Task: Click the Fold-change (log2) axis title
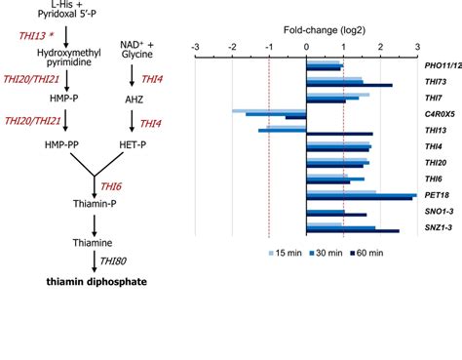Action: (305, 30)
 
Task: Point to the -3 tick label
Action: (196, 47)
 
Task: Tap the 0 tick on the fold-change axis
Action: (306, 47)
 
